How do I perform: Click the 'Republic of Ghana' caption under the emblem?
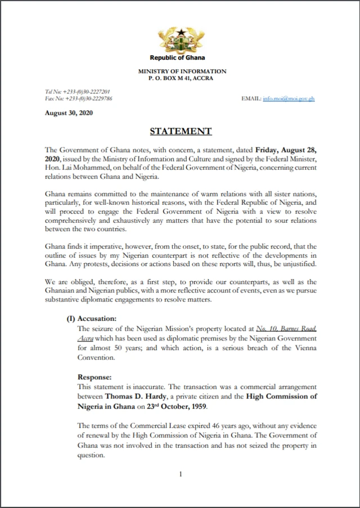tap(177, 57)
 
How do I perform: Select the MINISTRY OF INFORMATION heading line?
tap(182, 71)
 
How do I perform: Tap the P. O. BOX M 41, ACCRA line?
tap(182, 78)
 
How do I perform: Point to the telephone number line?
tap(77, 91)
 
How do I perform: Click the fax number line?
tap(78, 98)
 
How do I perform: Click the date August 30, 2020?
tap(69, 113)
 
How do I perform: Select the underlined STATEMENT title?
tap(181, 132)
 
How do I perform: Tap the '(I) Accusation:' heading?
tap(92, 318)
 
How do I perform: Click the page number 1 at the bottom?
tap(181, 474)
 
